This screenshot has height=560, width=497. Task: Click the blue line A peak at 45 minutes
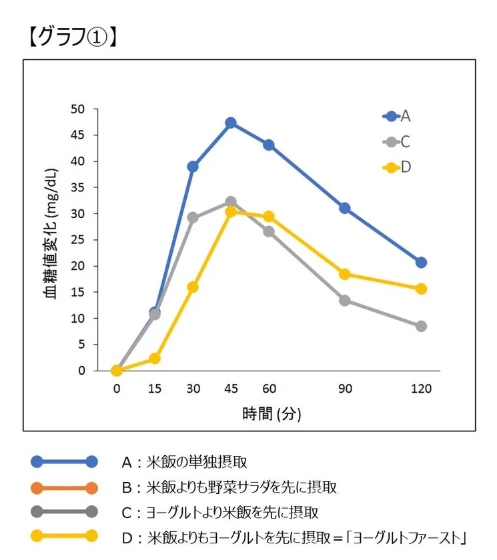231,123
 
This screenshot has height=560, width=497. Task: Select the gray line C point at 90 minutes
345,300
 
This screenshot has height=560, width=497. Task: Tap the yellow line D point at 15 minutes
155,358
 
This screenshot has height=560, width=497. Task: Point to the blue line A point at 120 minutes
421,262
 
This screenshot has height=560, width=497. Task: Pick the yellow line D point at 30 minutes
193,287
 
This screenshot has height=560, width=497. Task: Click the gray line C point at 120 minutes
421,326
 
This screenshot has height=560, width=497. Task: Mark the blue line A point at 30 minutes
193,166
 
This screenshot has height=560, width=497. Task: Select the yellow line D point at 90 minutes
345,274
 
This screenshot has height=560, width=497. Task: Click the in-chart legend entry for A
398,116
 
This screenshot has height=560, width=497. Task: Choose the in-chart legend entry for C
398,141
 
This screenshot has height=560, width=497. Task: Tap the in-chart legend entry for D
398,167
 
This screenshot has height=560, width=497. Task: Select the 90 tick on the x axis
345,389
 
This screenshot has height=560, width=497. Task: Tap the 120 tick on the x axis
421,389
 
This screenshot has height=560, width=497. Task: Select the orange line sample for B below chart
64,487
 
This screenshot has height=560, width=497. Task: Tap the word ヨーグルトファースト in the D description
410,537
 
